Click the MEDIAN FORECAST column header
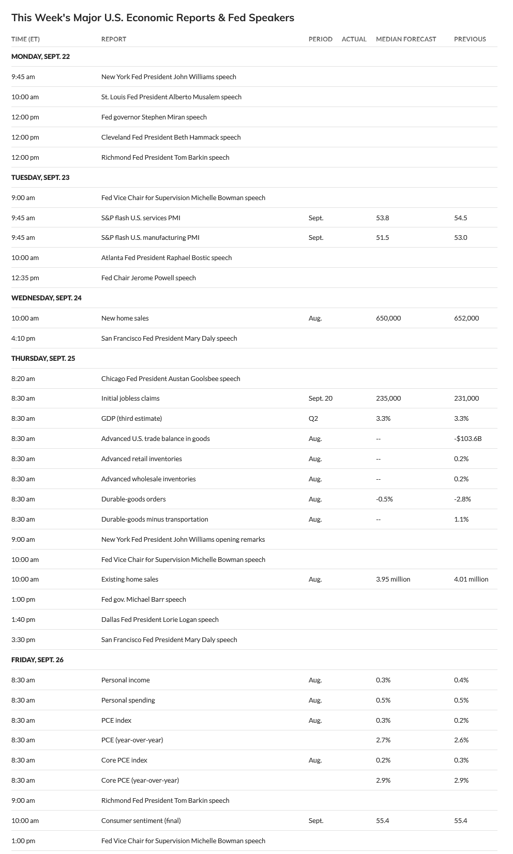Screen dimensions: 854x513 [406, 39]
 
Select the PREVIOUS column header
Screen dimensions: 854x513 [470, 39]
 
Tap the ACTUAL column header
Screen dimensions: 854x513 [354, 39]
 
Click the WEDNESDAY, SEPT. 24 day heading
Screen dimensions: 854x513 [47, 298]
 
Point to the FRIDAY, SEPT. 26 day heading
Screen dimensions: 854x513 [37, 660]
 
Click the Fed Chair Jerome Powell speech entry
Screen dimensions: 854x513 [148, 278]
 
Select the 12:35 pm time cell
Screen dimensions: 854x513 [25, 278]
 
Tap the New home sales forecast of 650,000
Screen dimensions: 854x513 [388, 318]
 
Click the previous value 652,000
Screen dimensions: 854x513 [466, 318]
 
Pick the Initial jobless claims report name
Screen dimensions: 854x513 [130, 398]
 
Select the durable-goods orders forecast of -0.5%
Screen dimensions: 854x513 [384, 499]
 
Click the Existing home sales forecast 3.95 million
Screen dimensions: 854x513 [393, 579]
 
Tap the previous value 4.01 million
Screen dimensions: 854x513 [471, 579]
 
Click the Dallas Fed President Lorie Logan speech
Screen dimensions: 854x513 [160, 619]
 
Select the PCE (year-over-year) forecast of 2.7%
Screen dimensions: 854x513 [383, 740]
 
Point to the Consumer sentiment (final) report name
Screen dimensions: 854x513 [141, 820]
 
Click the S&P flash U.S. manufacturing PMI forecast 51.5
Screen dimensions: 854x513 [382, 237]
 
